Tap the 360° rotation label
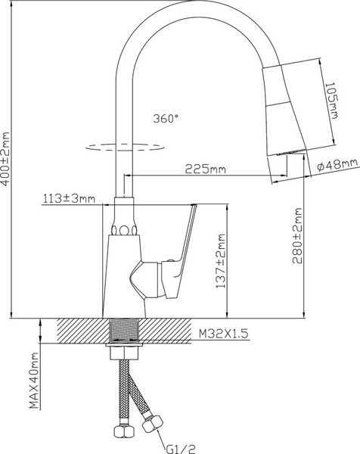pyautogui.click(x=166, y=119)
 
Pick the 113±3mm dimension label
pyautogui.click(x=69, y=200)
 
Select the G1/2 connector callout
pyautogui.click(x=176, y=447)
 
